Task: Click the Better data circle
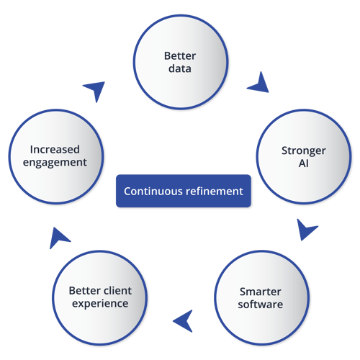(180, 63)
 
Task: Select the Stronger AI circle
(304, 157)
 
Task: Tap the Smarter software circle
(261, 298)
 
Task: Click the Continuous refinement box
(184, 192)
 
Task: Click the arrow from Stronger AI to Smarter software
(307, 230)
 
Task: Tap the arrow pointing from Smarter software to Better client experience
(184, 318)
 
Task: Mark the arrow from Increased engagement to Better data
(94, 89)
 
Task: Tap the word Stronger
(304, 150)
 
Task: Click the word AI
(304, 163)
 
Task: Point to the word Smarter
(261, 292)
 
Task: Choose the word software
(261, 305)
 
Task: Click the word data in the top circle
(180, 70)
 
